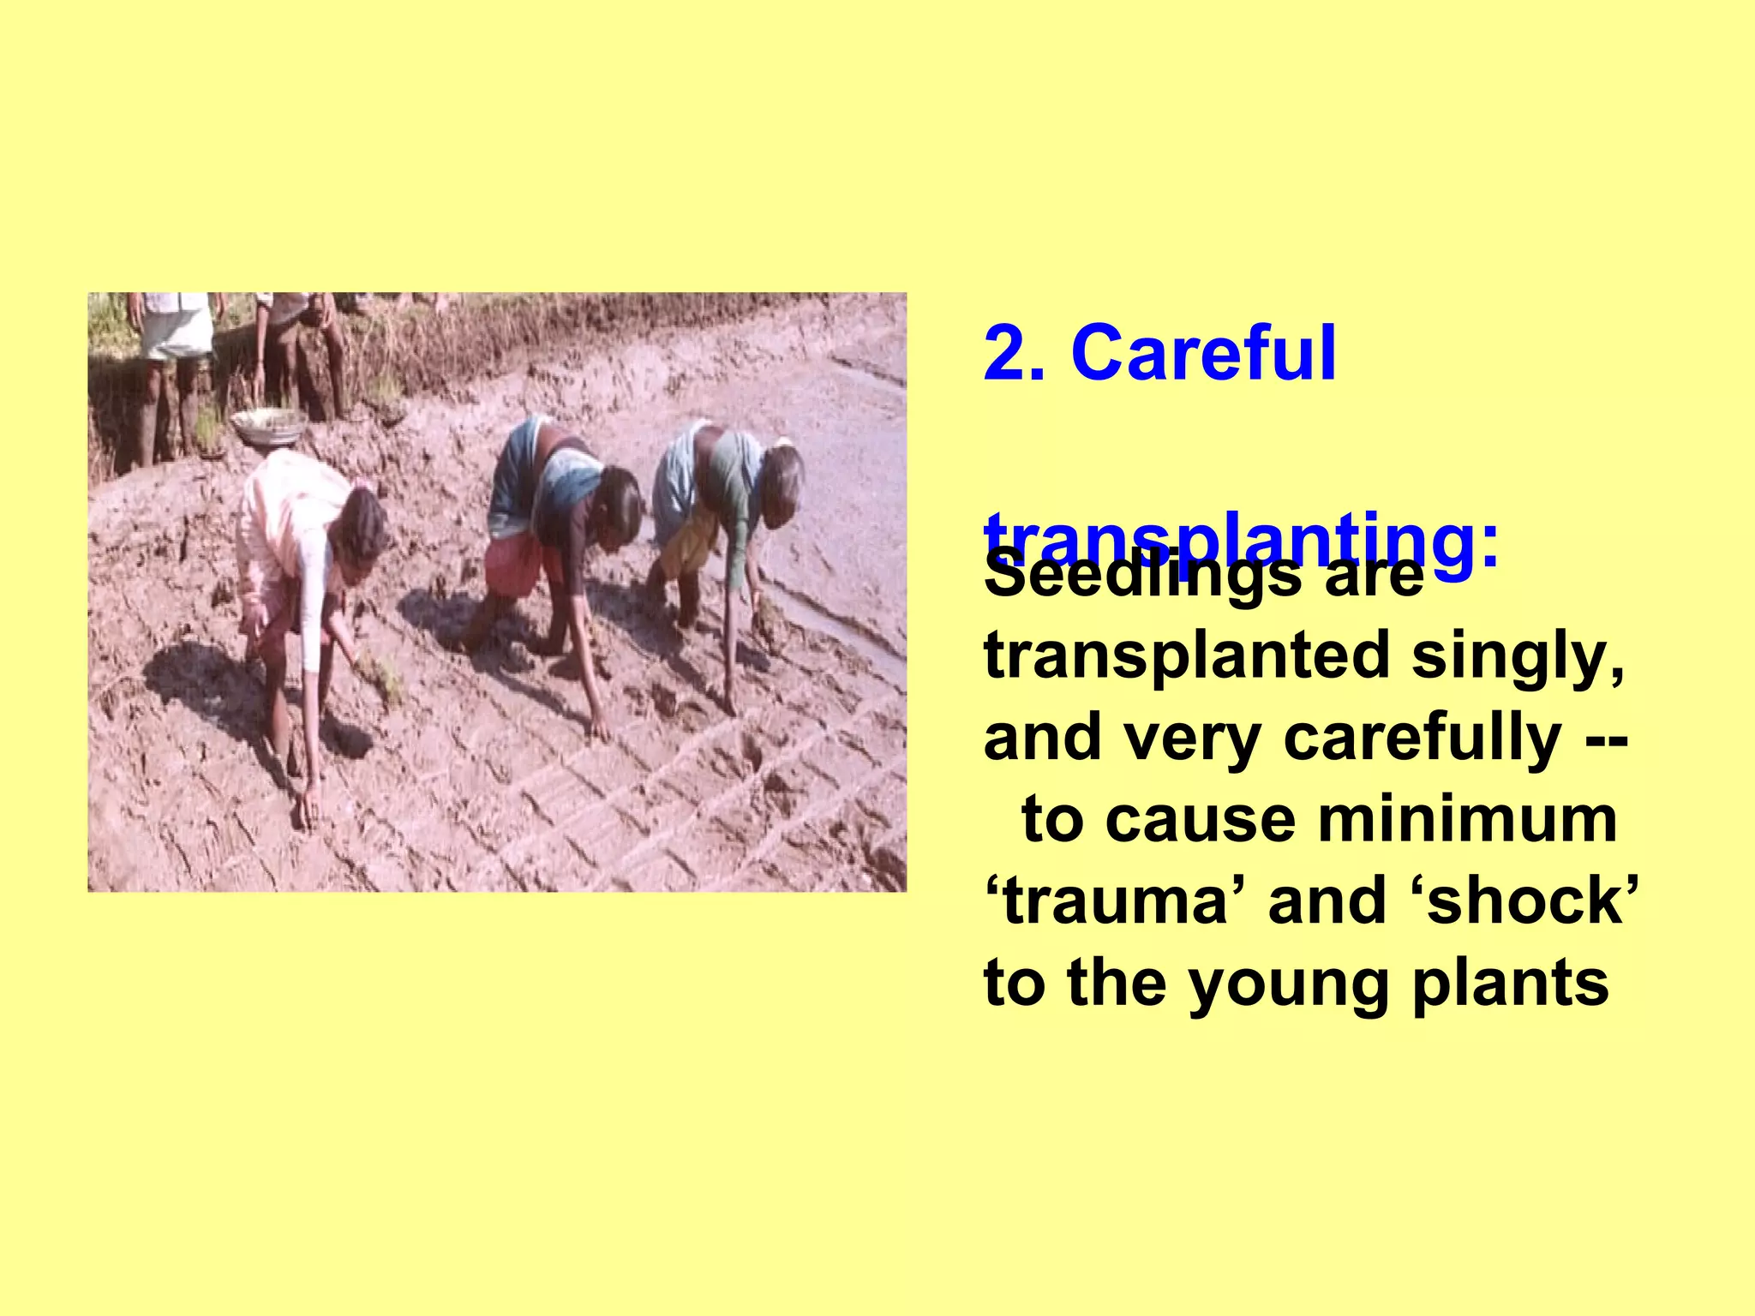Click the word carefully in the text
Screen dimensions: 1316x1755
click(1423, 738)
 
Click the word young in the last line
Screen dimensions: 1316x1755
click(1291, 984)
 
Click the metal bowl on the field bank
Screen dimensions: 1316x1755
click(269, 425)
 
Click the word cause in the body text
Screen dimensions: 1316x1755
click(1200, 820)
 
